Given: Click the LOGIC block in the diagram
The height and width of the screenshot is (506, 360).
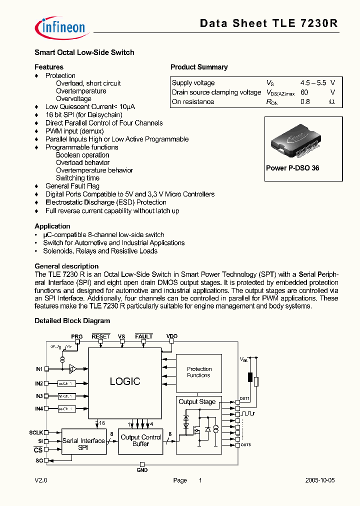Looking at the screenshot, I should coord(124,381).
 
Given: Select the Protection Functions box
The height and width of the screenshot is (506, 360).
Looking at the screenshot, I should coord(199,372).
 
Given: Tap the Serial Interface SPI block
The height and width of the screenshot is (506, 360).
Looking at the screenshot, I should coord(84,441).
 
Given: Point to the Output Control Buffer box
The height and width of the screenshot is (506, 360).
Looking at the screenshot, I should coord(141,440).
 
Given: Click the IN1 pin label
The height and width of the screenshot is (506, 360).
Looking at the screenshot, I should coord(39,368).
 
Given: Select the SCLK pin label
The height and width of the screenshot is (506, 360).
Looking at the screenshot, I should coord(36,432).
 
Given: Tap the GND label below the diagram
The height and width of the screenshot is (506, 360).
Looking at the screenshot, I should coord(142,470).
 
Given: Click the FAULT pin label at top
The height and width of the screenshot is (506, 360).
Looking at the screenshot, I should coord(144,336).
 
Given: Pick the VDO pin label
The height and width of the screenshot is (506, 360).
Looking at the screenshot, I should coord(172,336).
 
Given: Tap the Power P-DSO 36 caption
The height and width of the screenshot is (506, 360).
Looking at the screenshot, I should coord(292,168).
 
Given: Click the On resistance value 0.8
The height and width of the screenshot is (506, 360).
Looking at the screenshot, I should coord(305,101).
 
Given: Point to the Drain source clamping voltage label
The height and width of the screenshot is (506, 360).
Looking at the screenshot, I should coord(216,92).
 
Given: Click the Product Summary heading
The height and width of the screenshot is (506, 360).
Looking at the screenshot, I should coord(199,67).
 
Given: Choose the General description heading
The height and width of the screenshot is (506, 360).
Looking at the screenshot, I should coord(66,266).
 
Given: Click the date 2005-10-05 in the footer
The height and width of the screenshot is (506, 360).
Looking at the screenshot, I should coord(320,480).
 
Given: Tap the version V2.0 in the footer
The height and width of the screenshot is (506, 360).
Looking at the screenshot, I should coord(40,480).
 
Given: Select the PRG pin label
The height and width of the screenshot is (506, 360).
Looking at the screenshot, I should coord(76,336).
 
